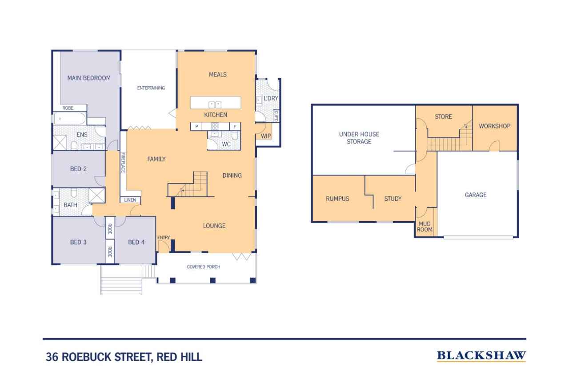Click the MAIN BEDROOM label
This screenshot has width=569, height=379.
[89, 78]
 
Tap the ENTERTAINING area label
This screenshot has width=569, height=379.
[151, 88]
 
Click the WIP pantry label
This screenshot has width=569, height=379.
[266, 136]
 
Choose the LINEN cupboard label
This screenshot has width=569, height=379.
[130, 200]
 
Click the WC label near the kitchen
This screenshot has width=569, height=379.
[226, 144]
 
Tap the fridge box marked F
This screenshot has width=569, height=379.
[235, 127]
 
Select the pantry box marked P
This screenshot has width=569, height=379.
[196, 127]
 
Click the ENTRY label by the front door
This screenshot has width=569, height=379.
[164, 238]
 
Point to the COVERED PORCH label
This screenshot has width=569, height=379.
[203, 267]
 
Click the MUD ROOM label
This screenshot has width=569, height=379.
[424, 227]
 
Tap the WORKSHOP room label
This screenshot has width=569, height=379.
[494, 126]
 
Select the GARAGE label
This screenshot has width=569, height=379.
[476, 195]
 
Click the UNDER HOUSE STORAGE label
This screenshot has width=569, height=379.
[359, 138]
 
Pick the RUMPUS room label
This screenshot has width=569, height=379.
[337, 199]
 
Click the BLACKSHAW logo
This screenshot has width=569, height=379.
[481, 355]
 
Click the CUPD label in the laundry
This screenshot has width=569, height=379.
[276, 116]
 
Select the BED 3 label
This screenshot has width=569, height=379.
[78, 242]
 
